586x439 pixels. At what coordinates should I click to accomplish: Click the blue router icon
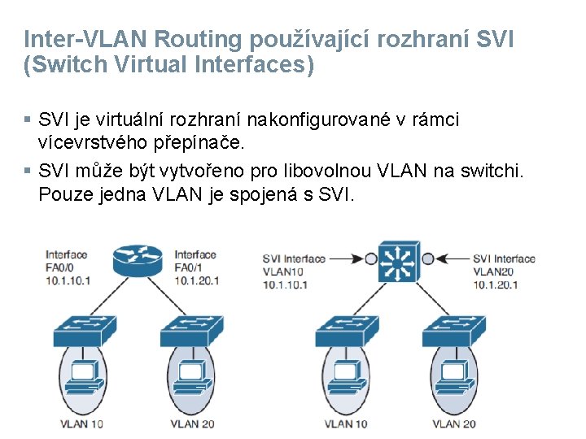click(x=138, y=261)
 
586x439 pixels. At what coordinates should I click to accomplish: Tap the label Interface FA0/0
click(x=67, y=267)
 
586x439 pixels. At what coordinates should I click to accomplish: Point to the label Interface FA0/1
click(x=195, y=267)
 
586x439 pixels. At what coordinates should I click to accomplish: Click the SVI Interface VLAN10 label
click(x=293, y=272)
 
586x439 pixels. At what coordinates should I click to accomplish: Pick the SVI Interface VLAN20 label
click(x=504, y=272)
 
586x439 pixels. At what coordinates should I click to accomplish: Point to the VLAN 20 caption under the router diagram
click(x=192, y=424)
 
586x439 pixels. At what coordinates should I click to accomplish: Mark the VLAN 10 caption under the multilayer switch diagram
click(x=346, y=424)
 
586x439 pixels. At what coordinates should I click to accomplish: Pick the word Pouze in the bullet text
click(x=62, y=196)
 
